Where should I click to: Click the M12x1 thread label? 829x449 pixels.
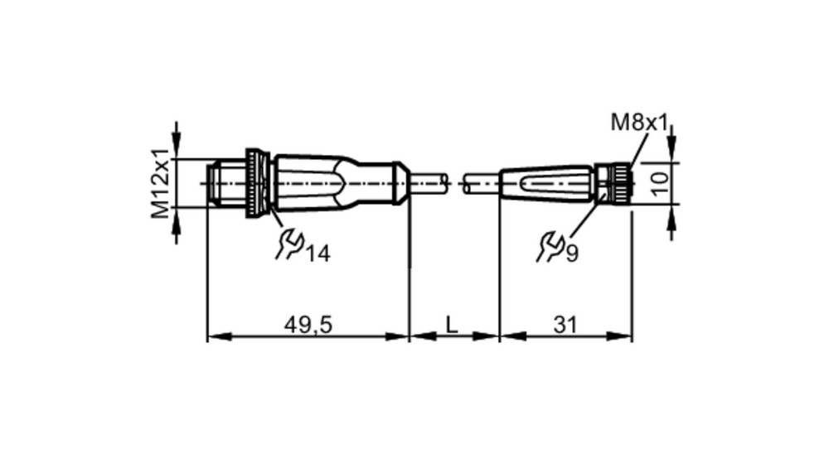pyautogui.click(x=162, y=183)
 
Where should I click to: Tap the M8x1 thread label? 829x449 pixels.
pyautogui.click(x=640, y=123)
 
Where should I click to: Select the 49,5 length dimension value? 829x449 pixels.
pyautogui.click(x=308, y=325)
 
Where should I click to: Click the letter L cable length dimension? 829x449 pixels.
pyautogui.click(x=452, y=325)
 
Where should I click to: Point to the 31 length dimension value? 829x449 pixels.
pyautogui.click(x=565, y=325)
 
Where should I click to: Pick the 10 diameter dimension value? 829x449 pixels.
pyautogui.click(x=661, y=183)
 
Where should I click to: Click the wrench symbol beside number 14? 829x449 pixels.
pyautogui.click(x=289, y=244)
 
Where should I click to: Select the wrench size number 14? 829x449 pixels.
pyautogui.click(x=318, y=254)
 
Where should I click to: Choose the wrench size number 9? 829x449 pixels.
pyautogui.click(x=572, y=254)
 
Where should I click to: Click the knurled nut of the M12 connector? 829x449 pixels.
pyautogui.click(x=258, y=183)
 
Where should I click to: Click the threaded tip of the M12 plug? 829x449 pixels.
pyautogui.click(x=225, y=183)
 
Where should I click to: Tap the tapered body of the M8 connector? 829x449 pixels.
pyautogui.click(x=547, y=183)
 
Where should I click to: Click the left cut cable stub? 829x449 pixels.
pyautogui.click(x=429, y=183)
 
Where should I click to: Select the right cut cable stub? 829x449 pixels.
pyautogui.click(x=481, y=183)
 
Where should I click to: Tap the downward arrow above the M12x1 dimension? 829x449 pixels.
pyautogui.click(x=177, y=140)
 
